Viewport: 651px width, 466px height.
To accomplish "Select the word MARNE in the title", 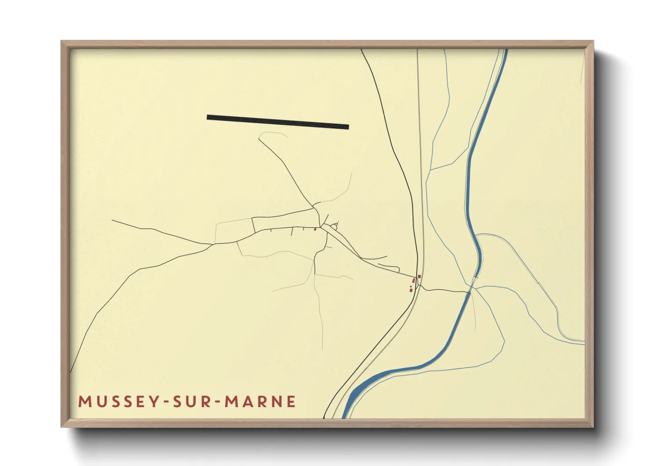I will pyautogui.click(x=260, y=402).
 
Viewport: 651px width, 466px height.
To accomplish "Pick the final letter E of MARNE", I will pyautogui.click(x=291, y=402).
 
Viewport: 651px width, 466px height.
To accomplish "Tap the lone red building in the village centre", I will pyautogui.click(x=315, y=229).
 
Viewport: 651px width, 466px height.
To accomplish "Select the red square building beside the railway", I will pyautogui.click(x=419, y=276).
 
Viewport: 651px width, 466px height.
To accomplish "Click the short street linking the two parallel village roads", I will pyautogui.click(x=253, y=224).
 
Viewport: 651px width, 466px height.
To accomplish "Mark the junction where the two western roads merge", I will pyautogui.click(x=213, y=244).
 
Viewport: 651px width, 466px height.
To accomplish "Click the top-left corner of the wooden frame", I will pyautogui.click(x=63, y=42).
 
